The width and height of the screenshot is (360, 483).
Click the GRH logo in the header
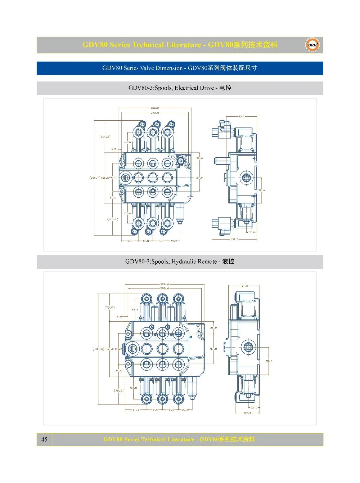(312, 45)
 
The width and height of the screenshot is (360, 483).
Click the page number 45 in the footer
(44, 439)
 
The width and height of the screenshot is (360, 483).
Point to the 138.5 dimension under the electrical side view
(234, 239)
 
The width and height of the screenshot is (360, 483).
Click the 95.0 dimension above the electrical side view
(241, 116)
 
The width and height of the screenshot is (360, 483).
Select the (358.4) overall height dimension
(94, 178)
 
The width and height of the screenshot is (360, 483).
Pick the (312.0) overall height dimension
(98, 349)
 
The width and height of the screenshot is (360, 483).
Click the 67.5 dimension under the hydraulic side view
(248, 413)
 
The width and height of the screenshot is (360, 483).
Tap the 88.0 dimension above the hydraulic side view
(244, 286)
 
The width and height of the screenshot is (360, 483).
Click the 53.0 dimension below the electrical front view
(130, 241)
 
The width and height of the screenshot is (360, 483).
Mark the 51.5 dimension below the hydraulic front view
(136, 410)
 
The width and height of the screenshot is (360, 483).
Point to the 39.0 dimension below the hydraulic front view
(185, 410)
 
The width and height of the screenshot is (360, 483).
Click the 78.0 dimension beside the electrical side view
(261, 190)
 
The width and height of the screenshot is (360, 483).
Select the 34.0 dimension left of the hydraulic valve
(118, 371)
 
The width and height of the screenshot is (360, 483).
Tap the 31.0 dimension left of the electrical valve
(113, 197)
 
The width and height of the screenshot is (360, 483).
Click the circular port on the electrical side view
(246, 177)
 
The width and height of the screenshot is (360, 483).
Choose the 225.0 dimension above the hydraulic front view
(165, 284)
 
